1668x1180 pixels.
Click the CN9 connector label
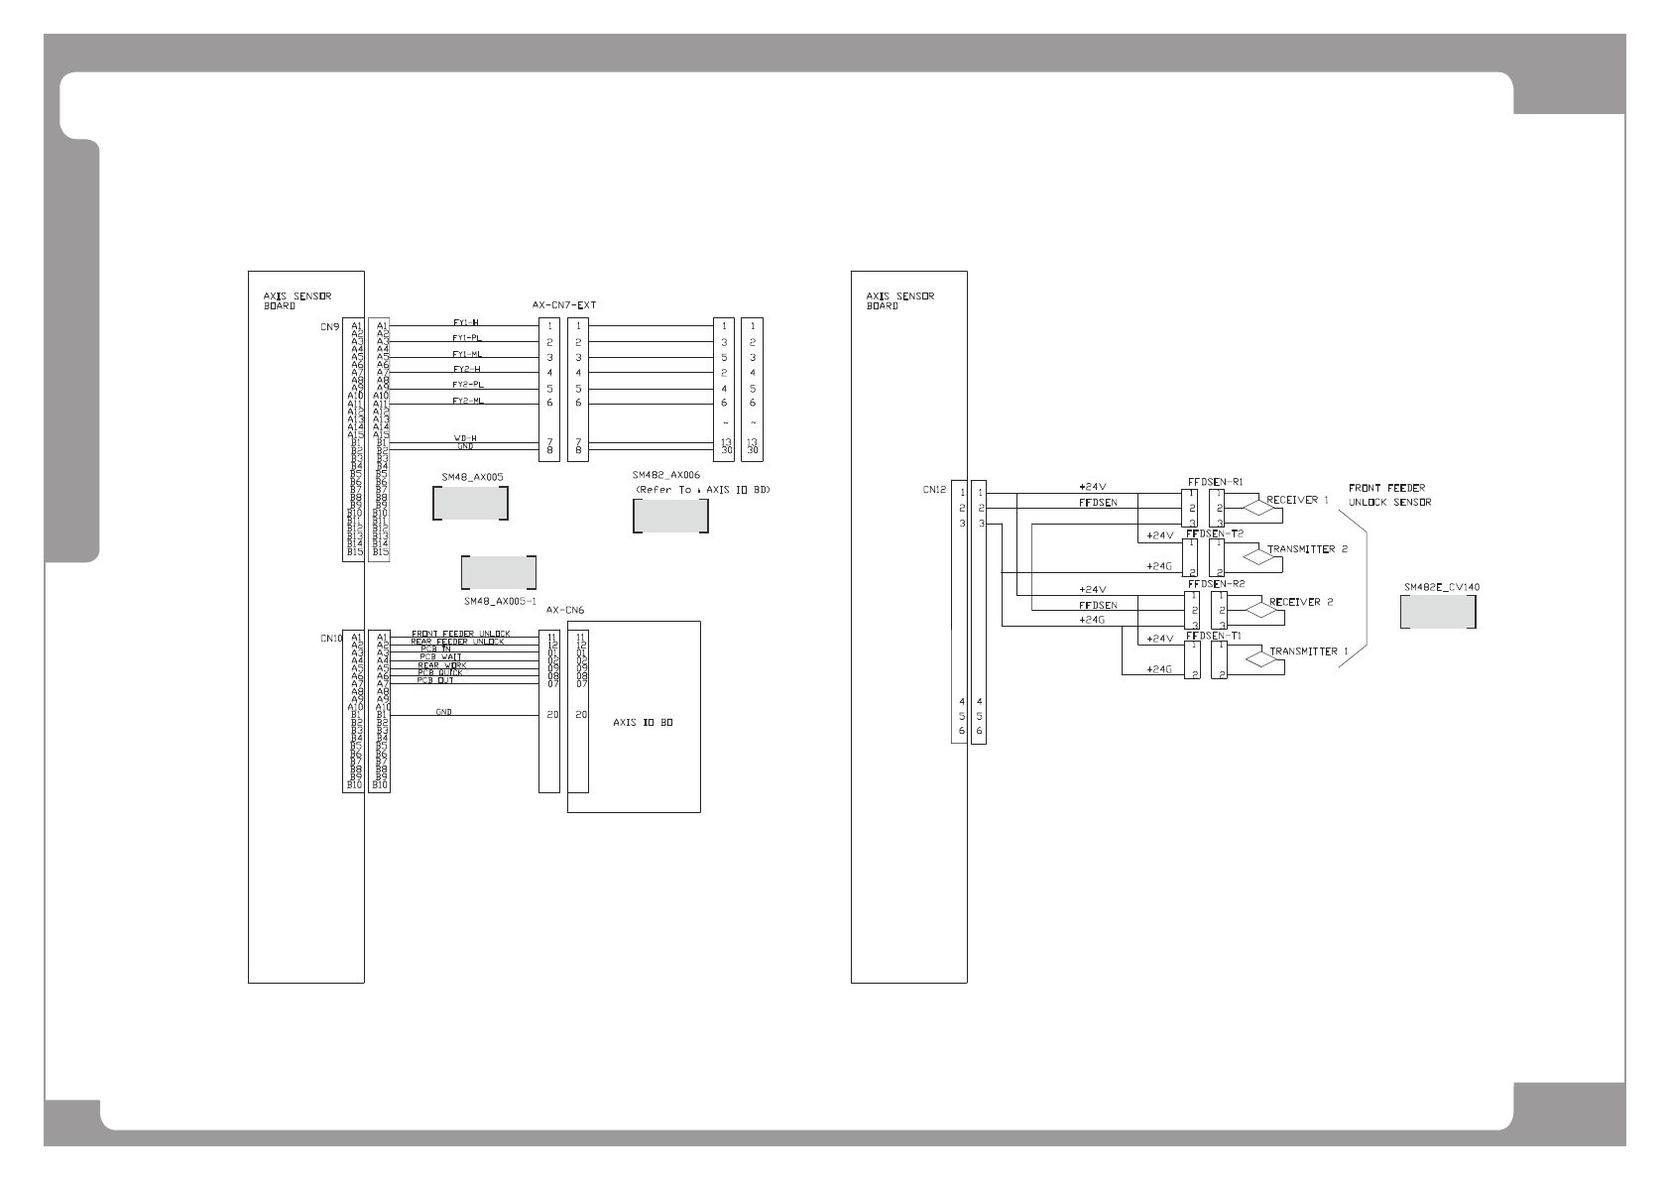coord(329,325)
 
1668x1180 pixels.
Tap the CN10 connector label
coord(330,639)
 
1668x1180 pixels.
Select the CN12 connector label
coord(933,489)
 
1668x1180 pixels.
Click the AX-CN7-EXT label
coord(564,304)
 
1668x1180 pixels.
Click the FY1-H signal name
coord(466,322)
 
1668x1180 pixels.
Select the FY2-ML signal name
coord(468,401)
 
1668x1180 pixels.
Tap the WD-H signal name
coord(465,438)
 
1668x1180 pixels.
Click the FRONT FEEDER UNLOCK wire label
coord(460,634)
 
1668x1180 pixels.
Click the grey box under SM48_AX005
coord(471,505)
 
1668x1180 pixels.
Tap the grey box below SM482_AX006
coord(670,516)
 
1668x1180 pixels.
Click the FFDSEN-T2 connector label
coord(1215,532)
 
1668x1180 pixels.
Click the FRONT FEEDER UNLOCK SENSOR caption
coord(1389,495)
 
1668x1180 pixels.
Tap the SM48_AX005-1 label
coord(500,601)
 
